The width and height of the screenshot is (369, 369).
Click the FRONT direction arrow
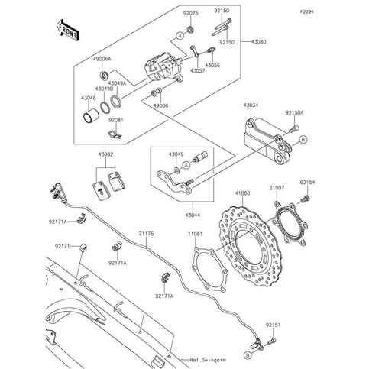[66, 31]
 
